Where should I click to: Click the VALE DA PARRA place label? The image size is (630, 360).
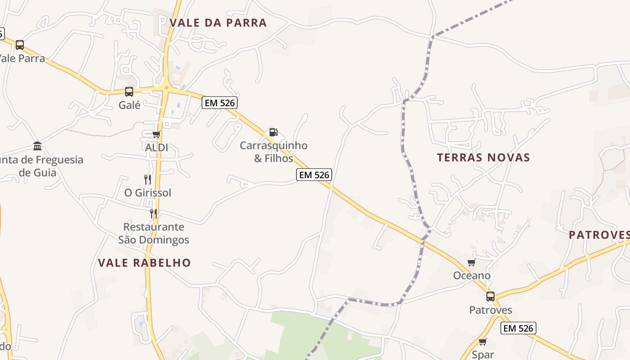[218, 22]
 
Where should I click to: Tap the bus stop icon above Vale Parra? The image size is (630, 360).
[20, 45]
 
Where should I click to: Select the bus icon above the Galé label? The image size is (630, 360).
[129, 92]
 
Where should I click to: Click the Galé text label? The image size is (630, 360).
[130, 105]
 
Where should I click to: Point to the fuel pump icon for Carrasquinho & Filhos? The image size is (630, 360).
[273, 132]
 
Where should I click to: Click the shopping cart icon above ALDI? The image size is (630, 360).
[157, 134]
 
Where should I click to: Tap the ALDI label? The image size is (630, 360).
[157, 147]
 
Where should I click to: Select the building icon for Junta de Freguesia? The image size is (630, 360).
[37, 146]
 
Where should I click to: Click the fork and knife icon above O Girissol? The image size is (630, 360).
[148, 179]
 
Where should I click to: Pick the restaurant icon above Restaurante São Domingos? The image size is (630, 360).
[153, 213]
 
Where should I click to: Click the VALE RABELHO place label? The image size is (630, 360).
[144, 263]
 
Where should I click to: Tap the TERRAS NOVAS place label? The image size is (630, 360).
[483, 157]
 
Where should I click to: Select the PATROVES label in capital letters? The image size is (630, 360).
[599, 235]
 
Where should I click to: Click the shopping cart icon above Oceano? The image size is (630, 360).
[471, 262]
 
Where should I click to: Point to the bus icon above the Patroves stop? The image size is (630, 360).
[490, 297]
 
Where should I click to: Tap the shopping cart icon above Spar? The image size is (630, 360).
[483, 342]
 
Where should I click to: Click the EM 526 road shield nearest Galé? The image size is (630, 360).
[220, 103]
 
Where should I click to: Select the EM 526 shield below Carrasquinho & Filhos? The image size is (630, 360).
[314, 175]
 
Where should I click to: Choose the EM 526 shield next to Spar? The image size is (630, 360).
[518, 328]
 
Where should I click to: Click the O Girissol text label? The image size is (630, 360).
[148, 193]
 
